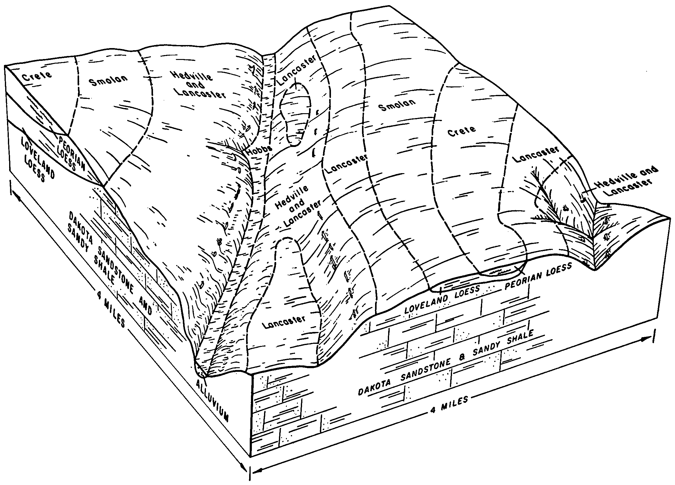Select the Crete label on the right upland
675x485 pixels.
tap(461, 131)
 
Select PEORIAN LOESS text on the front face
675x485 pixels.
tap(538, 276)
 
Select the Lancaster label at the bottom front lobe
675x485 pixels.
tap(284, 323)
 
